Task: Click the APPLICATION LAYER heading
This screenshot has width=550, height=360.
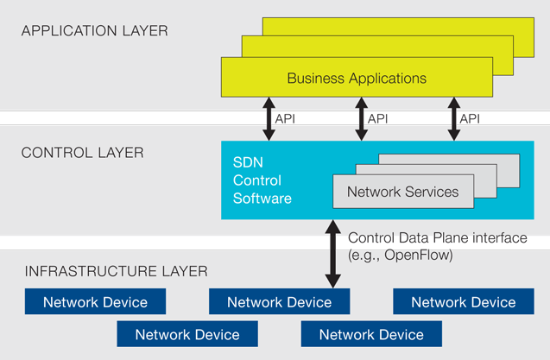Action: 95,31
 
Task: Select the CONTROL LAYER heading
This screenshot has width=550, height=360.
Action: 83,153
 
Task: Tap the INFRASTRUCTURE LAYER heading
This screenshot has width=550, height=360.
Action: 117,271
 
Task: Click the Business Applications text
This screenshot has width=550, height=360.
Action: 357,79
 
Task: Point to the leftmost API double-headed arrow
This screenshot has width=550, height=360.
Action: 268,118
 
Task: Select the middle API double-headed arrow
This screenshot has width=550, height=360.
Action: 360,118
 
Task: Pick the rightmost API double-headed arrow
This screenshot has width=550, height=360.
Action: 452,118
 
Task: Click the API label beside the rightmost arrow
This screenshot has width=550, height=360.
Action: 470,118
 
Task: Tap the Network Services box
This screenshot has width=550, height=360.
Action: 402,192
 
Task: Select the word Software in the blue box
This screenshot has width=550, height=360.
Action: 262,198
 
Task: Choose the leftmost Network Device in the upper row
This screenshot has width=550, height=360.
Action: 95,302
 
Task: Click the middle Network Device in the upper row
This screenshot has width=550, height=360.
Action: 279,302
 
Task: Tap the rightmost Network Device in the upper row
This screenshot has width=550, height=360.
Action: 463,302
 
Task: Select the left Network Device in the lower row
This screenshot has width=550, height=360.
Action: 187,334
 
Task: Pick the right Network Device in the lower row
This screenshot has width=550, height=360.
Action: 371,334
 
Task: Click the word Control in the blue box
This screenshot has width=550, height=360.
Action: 256,180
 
